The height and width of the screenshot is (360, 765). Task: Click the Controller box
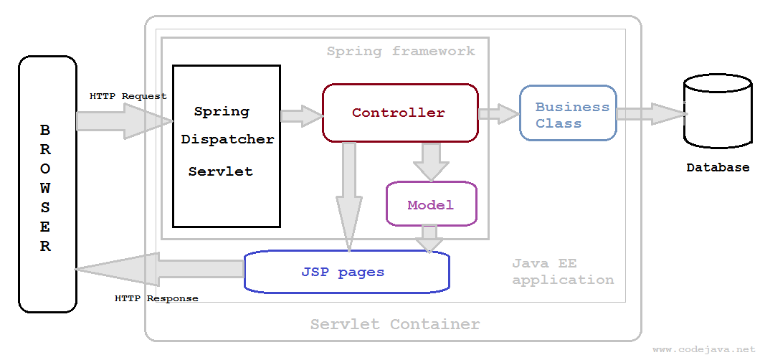coord(399,113)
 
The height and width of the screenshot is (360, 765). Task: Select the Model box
coord(431,204)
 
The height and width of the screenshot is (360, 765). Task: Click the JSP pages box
coord(346,272)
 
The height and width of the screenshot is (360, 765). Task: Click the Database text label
coord(718,168)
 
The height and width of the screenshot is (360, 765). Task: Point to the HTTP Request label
coord(128,95)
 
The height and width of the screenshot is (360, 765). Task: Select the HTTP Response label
coord(156,298)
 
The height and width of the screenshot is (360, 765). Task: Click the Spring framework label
coord(400,51)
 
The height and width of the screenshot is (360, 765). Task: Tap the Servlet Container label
coord(394,324)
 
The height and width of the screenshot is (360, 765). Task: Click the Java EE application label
coord(562,272)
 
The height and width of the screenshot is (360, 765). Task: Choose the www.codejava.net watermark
coord(703,349)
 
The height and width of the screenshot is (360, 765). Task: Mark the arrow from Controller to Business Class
coord(498,113)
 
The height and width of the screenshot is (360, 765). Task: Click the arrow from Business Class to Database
coord(650,113)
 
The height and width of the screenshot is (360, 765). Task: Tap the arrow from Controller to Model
coord(431,161)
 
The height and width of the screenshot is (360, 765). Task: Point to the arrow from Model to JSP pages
coord(429,238)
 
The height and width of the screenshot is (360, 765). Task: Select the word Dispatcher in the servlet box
coord(227,140)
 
